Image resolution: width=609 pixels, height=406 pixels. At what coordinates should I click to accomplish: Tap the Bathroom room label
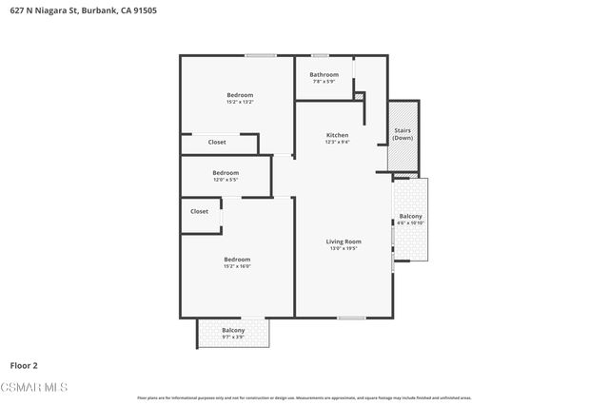point(324,74)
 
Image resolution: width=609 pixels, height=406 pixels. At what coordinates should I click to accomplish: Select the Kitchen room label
point(337,135)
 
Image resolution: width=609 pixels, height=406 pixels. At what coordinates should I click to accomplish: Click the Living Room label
point(344,242)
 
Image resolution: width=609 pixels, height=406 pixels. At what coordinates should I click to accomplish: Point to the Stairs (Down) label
point(403,134)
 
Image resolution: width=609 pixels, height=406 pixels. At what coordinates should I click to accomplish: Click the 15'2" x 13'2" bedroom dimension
point(240,102)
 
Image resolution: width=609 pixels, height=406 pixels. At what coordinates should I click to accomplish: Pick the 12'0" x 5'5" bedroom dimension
point(226,179)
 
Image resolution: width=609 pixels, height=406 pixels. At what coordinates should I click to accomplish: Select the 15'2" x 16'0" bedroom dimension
point(237,266)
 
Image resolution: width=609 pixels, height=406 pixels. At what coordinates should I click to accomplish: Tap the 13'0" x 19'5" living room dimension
point(344,249)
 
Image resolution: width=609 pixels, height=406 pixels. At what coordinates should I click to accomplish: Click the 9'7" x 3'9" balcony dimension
point(233,337)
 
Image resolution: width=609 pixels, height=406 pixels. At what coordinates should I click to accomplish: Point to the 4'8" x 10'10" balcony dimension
point(411,223)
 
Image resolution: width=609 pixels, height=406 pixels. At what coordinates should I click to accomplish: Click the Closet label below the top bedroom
point(217,143)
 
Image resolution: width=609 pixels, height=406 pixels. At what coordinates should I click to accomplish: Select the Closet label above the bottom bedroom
point(199,212)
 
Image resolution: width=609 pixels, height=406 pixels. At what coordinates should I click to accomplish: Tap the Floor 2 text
point(24,364)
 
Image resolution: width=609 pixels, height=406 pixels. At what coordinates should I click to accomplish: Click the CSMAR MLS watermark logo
point(34,387)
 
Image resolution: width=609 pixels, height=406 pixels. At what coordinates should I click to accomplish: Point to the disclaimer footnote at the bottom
point(304,397)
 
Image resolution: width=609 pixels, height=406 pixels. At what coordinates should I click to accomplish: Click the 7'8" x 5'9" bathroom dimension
point(324,81)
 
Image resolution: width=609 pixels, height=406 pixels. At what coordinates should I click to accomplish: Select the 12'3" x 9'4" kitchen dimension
point(337,143)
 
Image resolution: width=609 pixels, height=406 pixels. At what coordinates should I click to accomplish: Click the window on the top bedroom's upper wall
point(260,55)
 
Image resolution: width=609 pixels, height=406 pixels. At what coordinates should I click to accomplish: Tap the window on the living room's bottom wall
point(351,318)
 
